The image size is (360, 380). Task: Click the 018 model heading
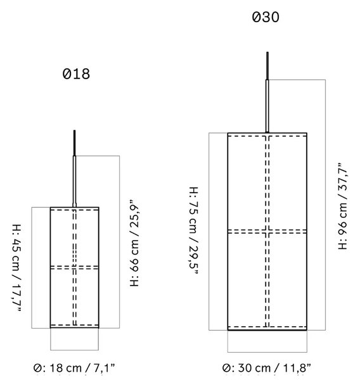(76, 74)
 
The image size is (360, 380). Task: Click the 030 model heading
(266, 17)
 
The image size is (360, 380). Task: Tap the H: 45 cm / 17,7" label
(17, 268)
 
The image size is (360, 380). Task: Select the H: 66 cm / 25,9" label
(135, 243)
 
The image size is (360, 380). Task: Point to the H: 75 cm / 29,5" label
(194, 231)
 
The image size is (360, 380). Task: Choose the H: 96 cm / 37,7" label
(343, 206)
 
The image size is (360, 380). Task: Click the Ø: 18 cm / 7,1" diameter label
(74, 368)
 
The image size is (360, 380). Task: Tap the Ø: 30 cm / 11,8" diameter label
(266, 368)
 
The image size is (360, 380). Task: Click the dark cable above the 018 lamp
(75, 143)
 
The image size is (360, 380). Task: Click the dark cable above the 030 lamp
(267, 66)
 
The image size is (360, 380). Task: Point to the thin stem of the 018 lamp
(75, 182)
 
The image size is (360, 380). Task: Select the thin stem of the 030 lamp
(267, 106)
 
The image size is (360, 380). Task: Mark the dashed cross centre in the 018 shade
(75, 267)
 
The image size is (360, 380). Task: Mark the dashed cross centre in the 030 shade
(267, 232)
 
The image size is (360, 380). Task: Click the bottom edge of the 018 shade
(75, 327)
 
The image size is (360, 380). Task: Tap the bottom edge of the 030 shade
(267, 330)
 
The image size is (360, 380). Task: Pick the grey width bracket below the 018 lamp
(75, 350)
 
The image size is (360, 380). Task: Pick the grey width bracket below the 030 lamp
(267, 352)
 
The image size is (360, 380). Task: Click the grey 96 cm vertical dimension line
(325, 205)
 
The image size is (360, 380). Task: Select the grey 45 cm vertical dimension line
(32, 268)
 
